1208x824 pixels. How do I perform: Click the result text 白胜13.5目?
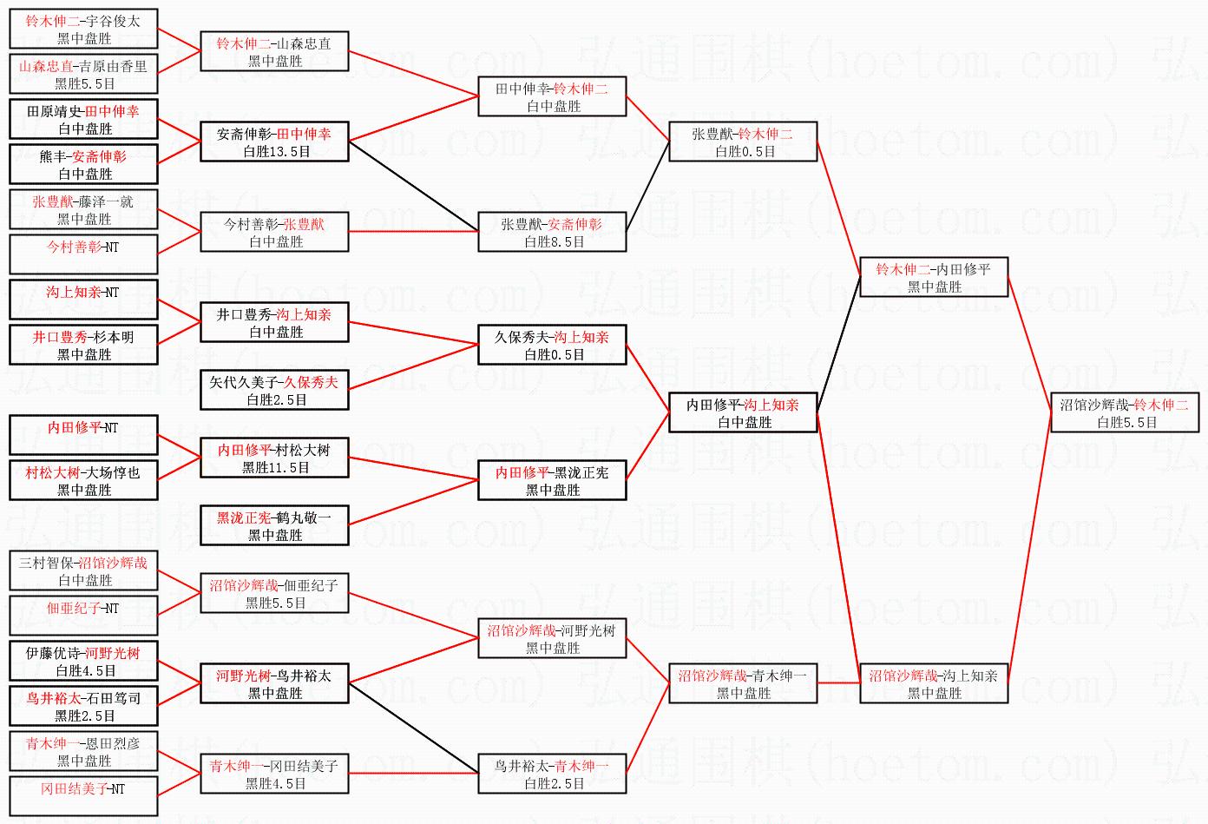point(277,152)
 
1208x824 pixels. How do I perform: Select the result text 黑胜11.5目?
point(276,468)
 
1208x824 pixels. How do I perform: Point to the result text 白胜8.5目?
point(555,242)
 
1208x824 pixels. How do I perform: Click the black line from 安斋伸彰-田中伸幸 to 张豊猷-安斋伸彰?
point(414,186)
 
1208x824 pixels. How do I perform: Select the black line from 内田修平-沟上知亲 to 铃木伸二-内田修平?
point(838,345)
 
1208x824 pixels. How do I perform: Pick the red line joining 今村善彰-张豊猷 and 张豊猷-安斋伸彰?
point(414,232)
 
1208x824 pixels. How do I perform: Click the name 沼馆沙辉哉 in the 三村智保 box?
point(113,564)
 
